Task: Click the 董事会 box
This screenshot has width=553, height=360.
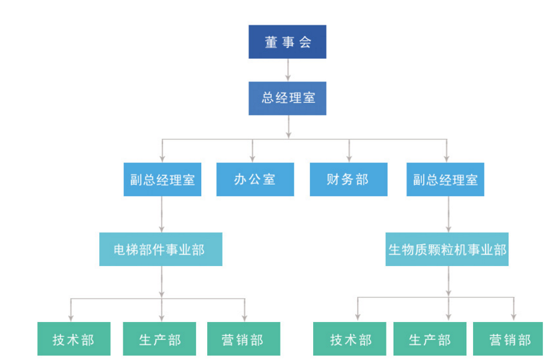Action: point(287,42)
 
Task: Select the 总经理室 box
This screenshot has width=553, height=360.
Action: point(287,98)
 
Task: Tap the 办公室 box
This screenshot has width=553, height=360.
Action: point(255,179)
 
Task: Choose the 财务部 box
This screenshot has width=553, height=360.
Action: point(348,179)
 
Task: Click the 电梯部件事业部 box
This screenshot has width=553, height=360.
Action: point(160,249)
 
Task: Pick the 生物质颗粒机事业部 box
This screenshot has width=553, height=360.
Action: point(446,249)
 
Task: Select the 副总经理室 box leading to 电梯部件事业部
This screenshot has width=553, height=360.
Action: point(162,179)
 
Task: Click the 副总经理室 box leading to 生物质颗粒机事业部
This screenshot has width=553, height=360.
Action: point(445,179)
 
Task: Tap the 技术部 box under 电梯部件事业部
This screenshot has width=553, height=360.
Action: point(73,339)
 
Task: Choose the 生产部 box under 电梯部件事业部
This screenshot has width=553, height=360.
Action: point(160,339)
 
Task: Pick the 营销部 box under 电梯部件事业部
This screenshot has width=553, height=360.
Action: point(243,339)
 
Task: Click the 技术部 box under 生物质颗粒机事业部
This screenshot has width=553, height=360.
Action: point(350,339)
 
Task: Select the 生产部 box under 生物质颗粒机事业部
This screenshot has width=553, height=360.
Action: point(430,339)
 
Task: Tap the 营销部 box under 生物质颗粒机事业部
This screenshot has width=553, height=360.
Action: point(510,339)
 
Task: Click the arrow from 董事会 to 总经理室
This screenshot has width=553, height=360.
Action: point(288,69)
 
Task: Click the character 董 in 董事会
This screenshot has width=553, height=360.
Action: point(271,42)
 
